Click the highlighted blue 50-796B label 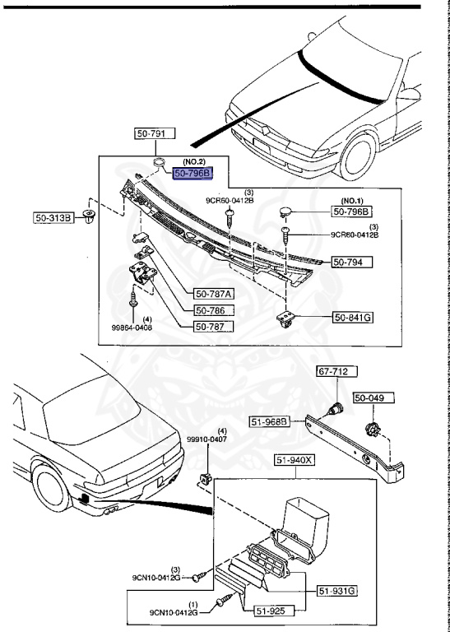click(x=192, y=173)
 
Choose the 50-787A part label click(x=213, y=294)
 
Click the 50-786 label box click(x=213, y=310)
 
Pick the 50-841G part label click(x=353, y=316)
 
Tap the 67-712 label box click(x=336, y=372)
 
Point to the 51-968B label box click(x=268, y=422)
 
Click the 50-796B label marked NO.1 click(x=352, y=211)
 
